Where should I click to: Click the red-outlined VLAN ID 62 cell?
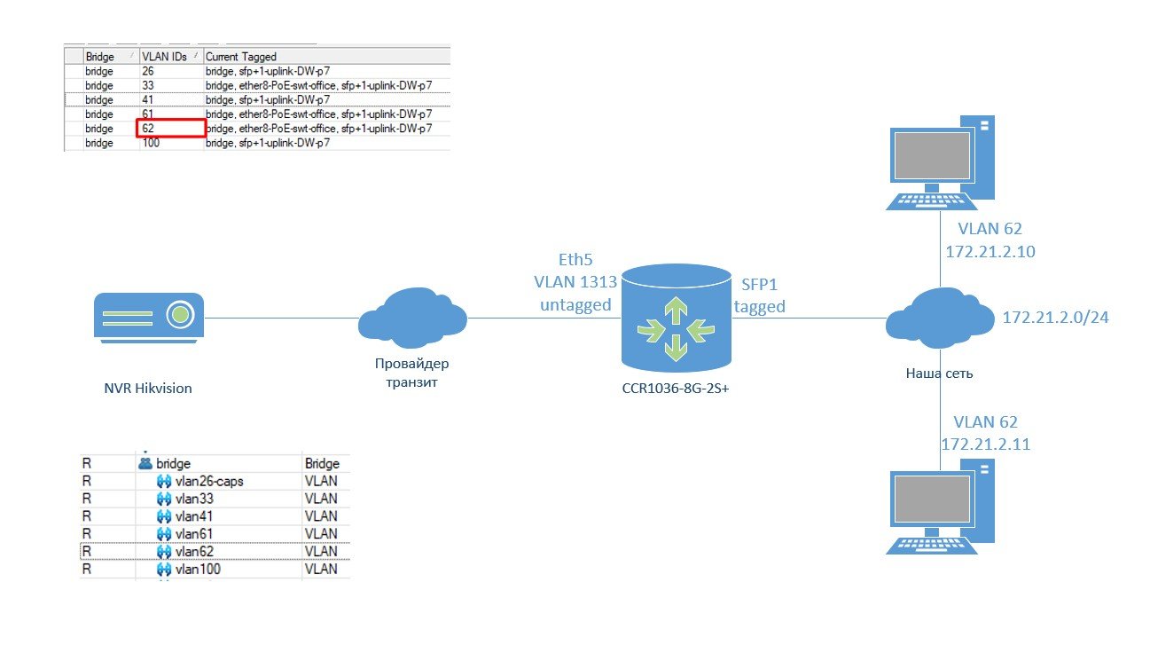(x=170, y=129)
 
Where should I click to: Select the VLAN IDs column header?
(x=160, y=57)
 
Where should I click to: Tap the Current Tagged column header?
(x=241, y=57)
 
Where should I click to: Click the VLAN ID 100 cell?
(x=151, y=143)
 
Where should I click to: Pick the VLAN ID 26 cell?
(x=147, y=71)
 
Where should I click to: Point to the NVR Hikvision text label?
(x=147, y=388)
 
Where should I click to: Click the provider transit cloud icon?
(x=411, y=319)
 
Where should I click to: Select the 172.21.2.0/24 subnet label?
(x=1055, y=318)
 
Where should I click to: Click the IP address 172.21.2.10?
(x=990, y=252)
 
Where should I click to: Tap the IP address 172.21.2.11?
(x=985, y=444)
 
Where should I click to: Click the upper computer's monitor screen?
(x=930, y=155)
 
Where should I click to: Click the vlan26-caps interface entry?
(x=209, y=481)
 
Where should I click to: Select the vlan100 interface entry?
(x=198, y=569)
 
